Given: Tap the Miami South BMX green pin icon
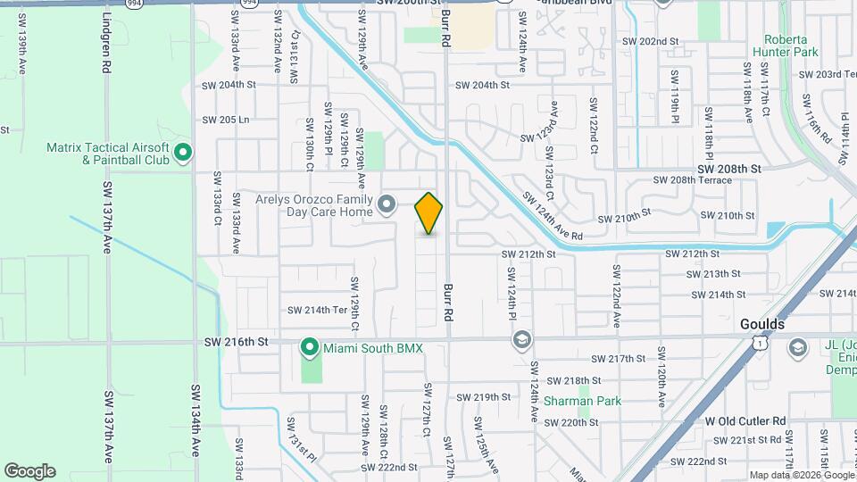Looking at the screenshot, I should (x=310, y=345).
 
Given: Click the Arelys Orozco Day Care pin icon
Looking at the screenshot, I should (x=387, y=205).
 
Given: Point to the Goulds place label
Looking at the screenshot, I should (x=762, y=324).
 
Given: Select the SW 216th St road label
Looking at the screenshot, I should (x=236, y=342).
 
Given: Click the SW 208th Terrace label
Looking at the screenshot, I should (x=692, y=180).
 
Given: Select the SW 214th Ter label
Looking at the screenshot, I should (x=316, y=311).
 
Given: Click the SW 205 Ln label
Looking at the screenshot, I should (x=225, y=120).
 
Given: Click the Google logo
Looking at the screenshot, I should (x=29, y=470).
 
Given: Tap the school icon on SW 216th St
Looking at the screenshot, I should (x=522, y=341).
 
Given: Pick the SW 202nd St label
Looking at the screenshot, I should (x=652, y=41).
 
